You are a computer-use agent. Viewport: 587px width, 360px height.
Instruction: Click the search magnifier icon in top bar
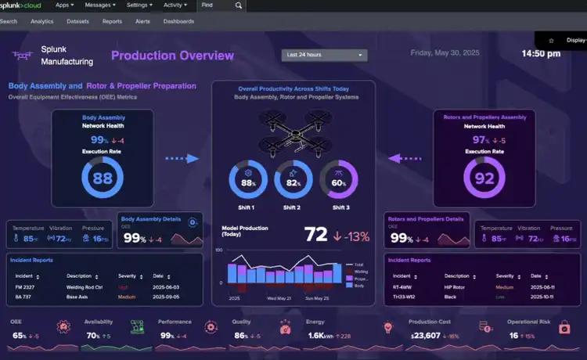239,5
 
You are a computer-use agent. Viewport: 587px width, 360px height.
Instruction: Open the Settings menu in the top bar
140,5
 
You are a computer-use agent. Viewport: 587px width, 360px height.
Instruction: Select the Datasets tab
77,21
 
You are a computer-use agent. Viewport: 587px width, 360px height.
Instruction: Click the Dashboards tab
178,21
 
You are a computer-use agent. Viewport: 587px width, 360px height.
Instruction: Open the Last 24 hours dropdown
325,55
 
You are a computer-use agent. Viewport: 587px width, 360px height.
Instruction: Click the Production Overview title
172,56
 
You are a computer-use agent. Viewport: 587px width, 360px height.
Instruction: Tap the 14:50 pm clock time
541,54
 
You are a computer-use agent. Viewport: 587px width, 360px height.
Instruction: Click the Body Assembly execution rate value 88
103,178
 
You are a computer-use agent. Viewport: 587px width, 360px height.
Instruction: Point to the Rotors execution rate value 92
484,178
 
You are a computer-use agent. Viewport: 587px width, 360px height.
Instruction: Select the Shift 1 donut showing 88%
248,183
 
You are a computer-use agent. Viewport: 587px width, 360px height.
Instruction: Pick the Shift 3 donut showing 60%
339,183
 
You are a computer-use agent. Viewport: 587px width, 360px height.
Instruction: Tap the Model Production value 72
315,234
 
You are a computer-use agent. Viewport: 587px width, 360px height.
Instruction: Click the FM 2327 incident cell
26,287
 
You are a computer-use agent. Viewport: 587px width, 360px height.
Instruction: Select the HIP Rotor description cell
456,287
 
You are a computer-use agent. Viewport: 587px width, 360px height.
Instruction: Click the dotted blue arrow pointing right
182,158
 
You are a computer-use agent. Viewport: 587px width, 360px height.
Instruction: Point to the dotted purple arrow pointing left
405,158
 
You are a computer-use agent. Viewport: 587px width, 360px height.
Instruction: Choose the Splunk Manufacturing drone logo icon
21,55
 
